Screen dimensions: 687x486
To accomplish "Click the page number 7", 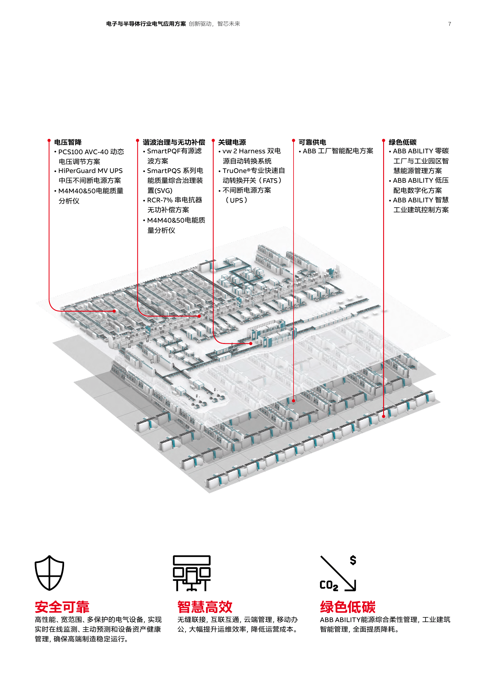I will pyautogui.click(x=449, y=24).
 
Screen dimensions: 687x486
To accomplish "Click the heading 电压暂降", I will pyautogui.click(x=68, y=142).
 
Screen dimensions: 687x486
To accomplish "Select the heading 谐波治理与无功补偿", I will pyautogui.click(x=174, y=142).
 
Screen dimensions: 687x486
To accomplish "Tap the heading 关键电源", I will pyautogui.click(x=232, y=142).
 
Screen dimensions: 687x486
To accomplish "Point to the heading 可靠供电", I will pyautogui.click(x=312, y=142).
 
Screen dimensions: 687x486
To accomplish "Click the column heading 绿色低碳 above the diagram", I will pyautogui.click(x=403, y=142).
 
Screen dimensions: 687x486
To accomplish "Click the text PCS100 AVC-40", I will pyautogui.click(x=83, y=152).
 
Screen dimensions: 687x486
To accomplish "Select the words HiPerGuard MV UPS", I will pyautogui.click(x=91, y=171).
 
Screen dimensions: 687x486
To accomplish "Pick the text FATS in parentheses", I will pyautogui.click(x=270, y=181).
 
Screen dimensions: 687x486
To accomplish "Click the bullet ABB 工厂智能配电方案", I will pyautogui.click(x=338, y=151).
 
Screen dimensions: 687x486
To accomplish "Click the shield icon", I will pyautogui.click(x=49, y=573).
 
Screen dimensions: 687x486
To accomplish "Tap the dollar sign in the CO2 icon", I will pyautogui.click(x=353, y=560).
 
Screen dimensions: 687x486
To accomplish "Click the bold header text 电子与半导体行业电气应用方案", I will pyautogui.click(x=146, y=24).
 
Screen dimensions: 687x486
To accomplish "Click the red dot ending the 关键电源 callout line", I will pyautogui.click(x=251, y=344).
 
